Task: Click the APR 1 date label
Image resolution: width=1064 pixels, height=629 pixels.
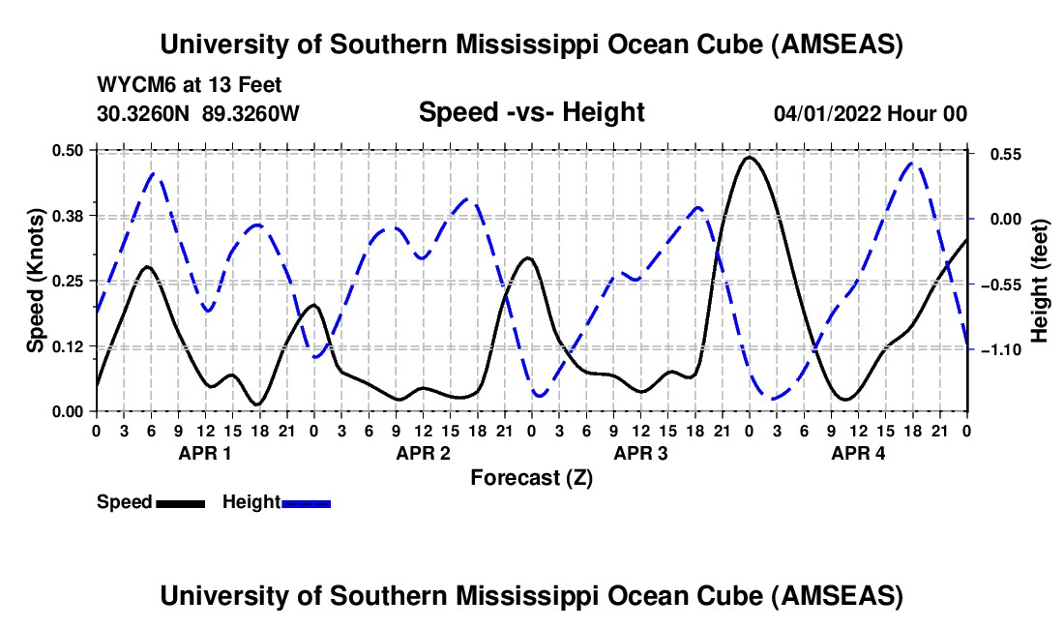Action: click(204, 453)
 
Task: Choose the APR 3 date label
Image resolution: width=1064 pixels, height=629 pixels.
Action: click(640, 453)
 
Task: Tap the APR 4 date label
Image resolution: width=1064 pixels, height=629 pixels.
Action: click(858, 453)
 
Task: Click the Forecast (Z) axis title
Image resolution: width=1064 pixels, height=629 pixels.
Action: click(531, 477)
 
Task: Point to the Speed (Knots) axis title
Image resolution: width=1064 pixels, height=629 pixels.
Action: click(35, 281)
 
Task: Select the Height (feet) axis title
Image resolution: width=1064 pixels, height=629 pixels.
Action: click(1040, 281)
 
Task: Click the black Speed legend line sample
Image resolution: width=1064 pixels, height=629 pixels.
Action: click(181, 502)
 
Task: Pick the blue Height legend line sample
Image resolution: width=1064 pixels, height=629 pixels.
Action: click(307, 502)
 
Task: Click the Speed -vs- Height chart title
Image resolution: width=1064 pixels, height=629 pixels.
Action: click(531, 112)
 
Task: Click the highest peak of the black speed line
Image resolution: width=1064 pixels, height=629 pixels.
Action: click(750, 157)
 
